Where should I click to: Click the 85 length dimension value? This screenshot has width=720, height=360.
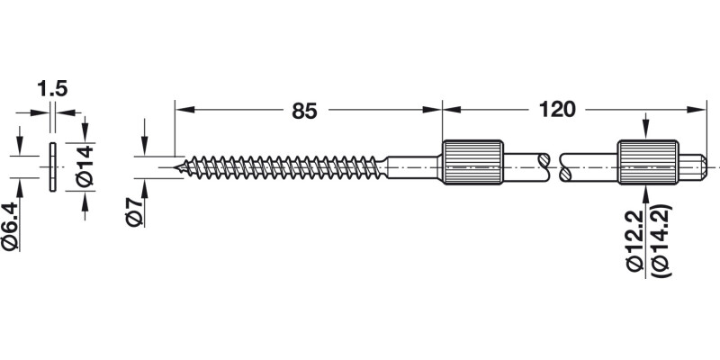[304, 112]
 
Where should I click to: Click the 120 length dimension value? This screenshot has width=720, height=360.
[557, 112]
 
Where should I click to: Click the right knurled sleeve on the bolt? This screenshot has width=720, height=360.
[646, 164]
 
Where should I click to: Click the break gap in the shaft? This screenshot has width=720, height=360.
[552, 164]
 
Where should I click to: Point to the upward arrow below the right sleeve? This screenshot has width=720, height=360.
[646, 194]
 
